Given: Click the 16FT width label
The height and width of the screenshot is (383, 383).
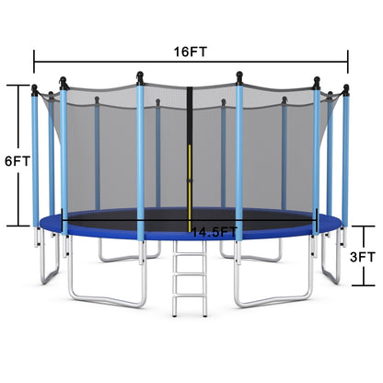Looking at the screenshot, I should pos(191,52).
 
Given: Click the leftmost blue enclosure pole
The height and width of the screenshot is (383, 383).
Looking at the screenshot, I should pos(35,157).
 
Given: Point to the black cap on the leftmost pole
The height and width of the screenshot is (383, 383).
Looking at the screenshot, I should pos(35,90).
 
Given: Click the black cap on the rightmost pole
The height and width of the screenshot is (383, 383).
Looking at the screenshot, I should pos(346,88).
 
